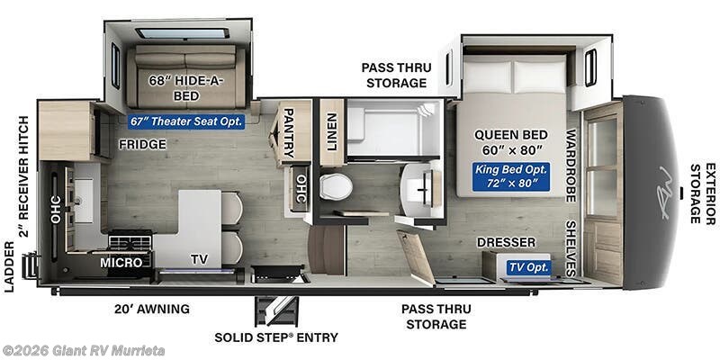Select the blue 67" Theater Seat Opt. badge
point(179,121)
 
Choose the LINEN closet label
point(331,130)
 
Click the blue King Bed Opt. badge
point(510,176)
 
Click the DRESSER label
point(506,242)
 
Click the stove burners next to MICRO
point(130,242)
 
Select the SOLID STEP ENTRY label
point(276,337)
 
